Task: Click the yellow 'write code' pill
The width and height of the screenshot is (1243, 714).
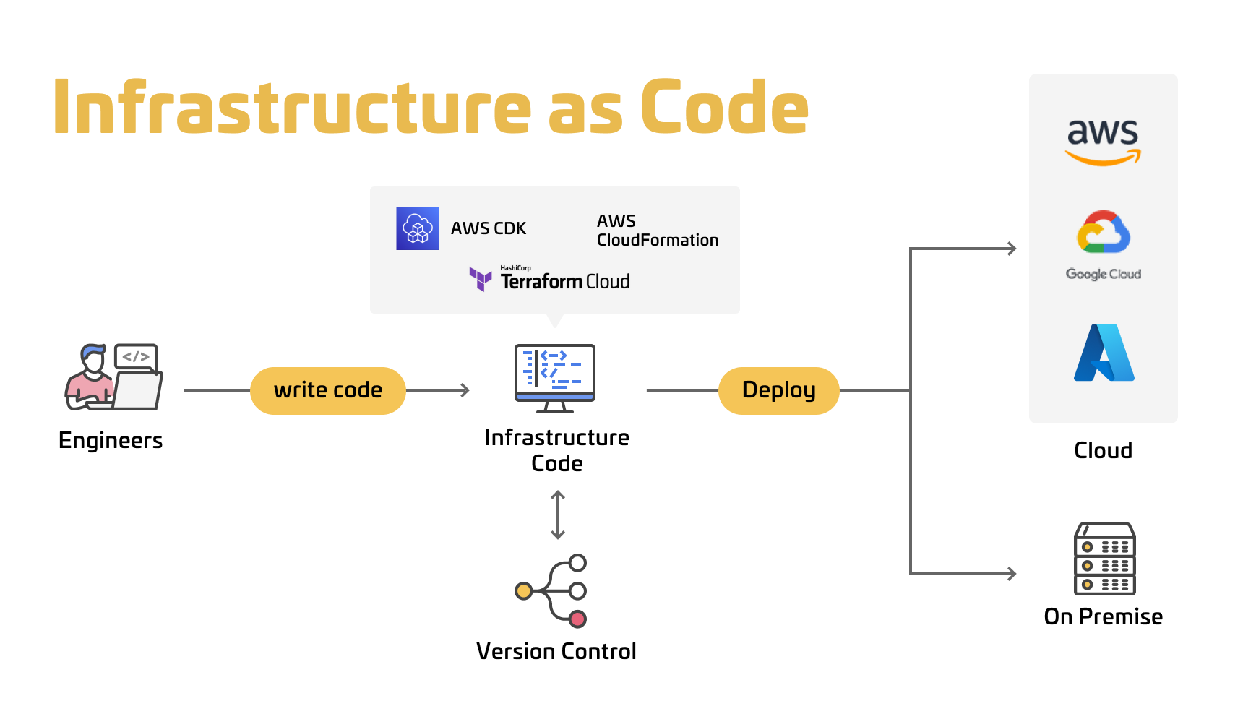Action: click(x=327, y=390)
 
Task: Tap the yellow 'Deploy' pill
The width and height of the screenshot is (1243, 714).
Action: click(x=778, y=390)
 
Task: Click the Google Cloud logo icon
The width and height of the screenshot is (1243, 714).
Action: click(x=1103, y=232)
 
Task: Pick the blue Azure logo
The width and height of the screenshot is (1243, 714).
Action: click(x=1104, y=353)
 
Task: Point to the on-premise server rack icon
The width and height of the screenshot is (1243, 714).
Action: click(x=1105, y=559)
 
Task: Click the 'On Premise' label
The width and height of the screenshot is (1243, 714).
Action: click(x=1103, y=616)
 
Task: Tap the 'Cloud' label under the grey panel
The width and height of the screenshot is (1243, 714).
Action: click(x=1103, y=450)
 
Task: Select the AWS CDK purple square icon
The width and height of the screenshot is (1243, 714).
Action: click(x=418, y=228)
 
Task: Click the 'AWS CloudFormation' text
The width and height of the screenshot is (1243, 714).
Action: click(x=657, y=231)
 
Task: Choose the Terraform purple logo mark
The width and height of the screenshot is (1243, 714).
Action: click(x=481, y=279)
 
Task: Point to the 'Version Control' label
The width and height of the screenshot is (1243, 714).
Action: click(x=556, y=651)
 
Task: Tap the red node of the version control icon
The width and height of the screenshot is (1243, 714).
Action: click(x=577, y=619)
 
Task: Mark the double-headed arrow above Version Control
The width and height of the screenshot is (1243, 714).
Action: click(x=558, y=515)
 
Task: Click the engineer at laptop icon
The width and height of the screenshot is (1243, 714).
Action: click(x=113, y=377)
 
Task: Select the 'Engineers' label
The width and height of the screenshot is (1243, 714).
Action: click(x=111, y=440)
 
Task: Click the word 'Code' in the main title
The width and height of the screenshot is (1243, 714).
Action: click(x=724, y=108)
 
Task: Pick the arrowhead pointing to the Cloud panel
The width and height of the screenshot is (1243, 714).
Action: click(x=1012, y=249)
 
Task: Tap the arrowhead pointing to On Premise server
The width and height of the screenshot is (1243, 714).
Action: click(x=1012, y=574)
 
